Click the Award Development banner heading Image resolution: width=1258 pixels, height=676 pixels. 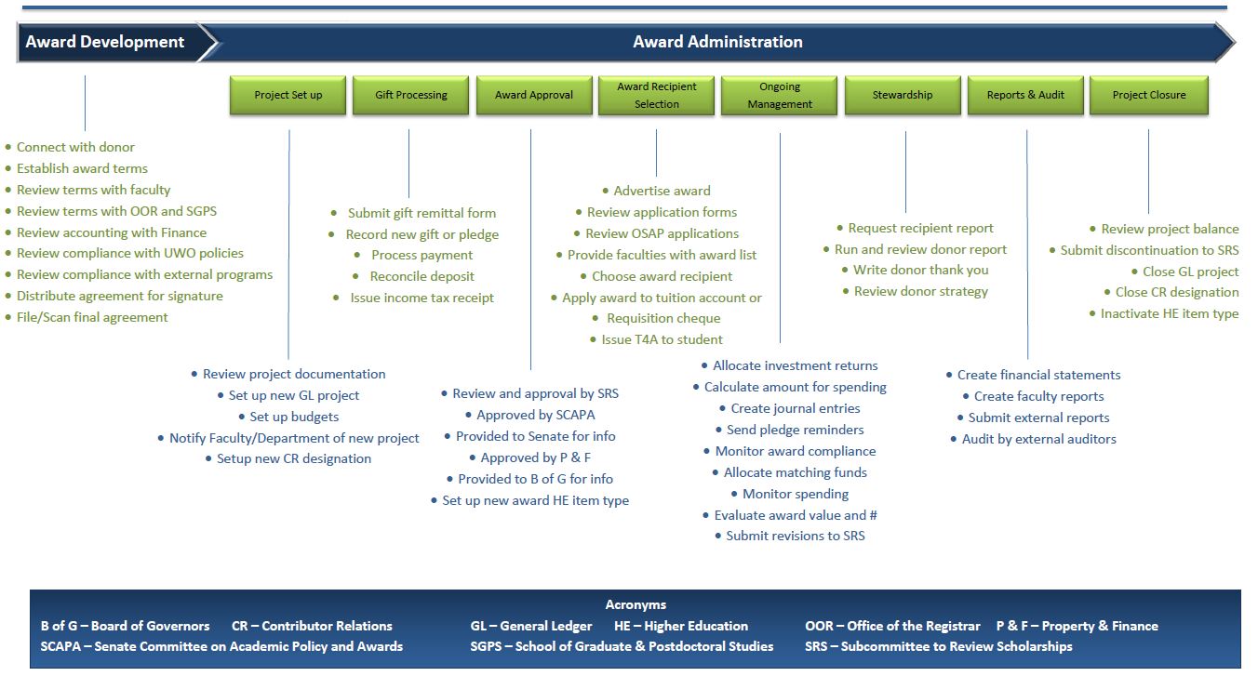(x=105, y=42)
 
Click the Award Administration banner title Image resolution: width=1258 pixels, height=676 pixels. (x=717, y=42)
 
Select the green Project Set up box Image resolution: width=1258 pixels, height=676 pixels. (x=288, y=95)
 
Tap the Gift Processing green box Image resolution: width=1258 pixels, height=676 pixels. (x=411, y=95)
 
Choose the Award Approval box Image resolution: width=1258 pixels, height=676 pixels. (x=534, y=95)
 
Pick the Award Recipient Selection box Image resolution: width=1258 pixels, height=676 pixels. (x=657, y=95)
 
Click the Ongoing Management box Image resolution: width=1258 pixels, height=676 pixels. (x=780, y=95)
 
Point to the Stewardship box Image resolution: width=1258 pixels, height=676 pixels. (x=903, y=95)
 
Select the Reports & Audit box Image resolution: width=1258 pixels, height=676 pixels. (x=1025, y=95)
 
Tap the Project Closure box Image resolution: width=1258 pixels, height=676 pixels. (x=1149, y=95)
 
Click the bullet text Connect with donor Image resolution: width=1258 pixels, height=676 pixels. (x=75, y=147)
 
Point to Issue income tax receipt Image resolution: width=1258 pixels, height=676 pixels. (x=422, y=298)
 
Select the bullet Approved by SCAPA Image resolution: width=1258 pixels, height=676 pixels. (x=535, y=415)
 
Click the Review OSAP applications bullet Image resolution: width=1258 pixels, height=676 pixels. (x=662, y=233)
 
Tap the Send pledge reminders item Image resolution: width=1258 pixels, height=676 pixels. (x=795, y=430)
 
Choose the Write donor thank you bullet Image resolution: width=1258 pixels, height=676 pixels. (x=920, y=270)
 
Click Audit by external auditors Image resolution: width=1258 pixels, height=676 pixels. (x=1038, y=439)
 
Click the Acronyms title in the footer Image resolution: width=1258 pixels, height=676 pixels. (x=636, y=604)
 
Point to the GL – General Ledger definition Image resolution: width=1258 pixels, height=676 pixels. (x=531, y=626)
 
